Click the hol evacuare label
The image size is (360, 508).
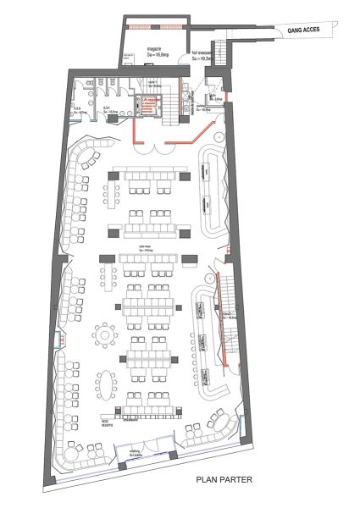(x=202, y=52)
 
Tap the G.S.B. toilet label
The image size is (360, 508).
(x=75, y=108)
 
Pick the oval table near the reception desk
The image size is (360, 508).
(x=105, y=386)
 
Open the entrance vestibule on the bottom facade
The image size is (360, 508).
(x=144, y=457)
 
